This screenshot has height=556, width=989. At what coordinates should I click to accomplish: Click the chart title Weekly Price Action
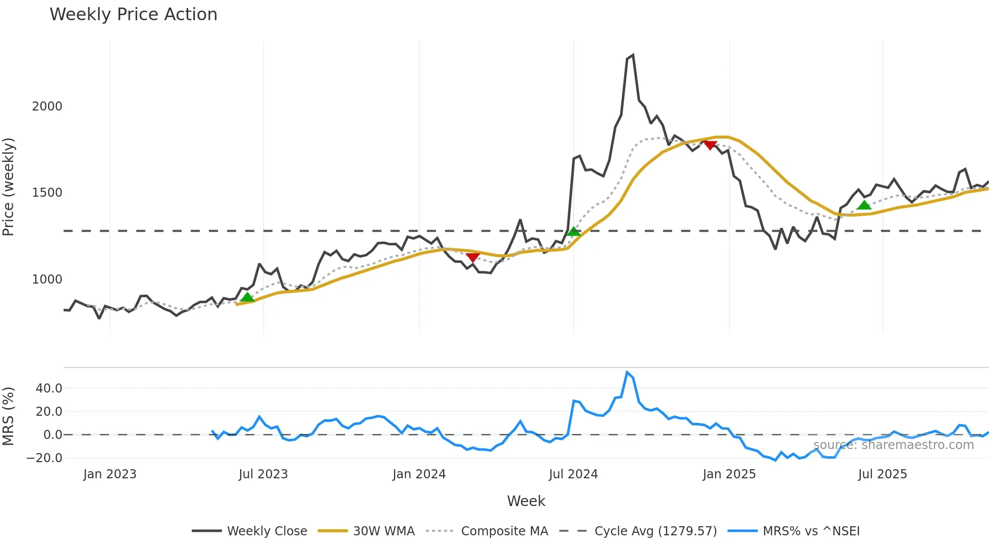point(133,15)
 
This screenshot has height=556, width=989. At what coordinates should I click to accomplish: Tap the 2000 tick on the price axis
point(47,106)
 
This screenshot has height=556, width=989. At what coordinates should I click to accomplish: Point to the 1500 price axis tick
point(47,193)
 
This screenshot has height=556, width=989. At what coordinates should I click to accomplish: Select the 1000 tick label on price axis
point(47,280)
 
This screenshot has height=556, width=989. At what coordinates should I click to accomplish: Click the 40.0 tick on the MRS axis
point(49,388)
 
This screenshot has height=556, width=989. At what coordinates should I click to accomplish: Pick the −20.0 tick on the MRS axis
point(44,458)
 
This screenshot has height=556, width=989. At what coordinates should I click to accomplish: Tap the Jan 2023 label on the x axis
point(110,474)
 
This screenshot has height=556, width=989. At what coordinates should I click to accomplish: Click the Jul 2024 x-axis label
point(573,474)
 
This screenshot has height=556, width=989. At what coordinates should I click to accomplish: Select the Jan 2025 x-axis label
point(729,474)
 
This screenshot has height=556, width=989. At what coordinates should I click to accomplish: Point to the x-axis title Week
point(526,501)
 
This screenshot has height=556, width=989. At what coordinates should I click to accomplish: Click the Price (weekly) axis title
point(8,187)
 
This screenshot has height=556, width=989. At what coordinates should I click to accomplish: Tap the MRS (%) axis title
point(8,416)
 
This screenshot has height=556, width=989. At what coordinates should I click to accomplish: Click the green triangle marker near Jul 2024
point(574,232)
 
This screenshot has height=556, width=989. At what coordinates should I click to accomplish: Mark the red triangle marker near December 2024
point(710,145)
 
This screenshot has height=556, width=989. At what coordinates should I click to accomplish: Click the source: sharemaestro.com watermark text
point(893,445)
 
